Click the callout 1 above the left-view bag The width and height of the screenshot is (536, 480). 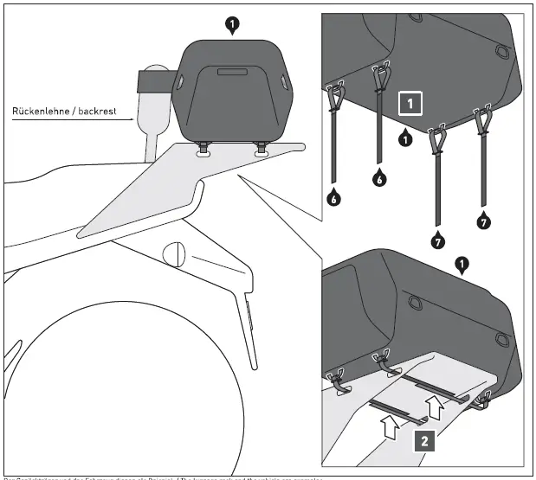click(x=230, y=26)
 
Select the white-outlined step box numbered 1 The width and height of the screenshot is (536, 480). click(x=410, y=104)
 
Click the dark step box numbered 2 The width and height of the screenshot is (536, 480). click(x=423, y=439)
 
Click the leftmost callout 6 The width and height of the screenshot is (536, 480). click(x=333, y=199)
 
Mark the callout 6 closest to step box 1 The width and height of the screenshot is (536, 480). click(x=378, y=179)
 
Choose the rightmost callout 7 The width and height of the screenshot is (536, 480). click(x=483, y=223)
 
